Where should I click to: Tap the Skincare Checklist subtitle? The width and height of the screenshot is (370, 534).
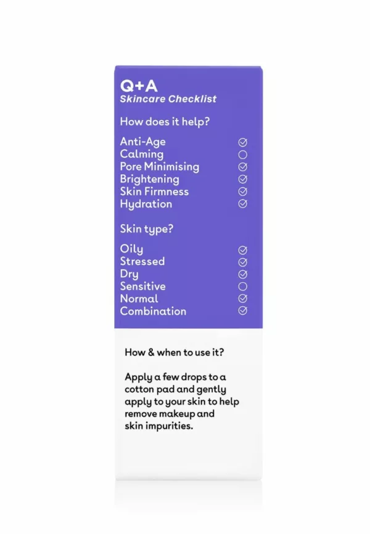pyautogui.click(x=168, y=99)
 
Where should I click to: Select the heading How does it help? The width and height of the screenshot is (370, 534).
pyautogui.click(x=165, y=122)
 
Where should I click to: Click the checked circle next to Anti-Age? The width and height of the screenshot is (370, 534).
pyautogui.click(x=243, y=142)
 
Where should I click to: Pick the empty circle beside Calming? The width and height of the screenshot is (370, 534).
pyautogui.click(x=243, y=155)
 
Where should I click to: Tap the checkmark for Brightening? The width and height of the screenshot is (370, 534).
pyautogui.click(x=243, y=179)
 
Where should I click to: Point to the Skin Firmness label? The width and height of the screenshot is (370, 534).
pyautogui.click(x=154, y=192)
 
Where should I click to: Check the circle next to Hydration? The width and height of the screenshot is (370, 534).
pyautogui.click(x=243, y=204)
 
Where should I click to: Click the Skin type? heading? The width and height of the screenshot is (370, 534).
pyautogui.click(x=146, y=229)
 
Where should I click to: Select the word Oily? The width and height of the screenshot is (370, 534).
pyautogui.click(x=131, y=249)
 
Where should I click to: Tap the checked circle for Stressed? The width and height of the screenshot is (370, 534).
pyautogui.click(x=243, y=262)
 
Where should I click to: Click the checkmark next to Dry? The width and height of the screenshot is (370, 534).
pyautogui.click(x=243, y=274)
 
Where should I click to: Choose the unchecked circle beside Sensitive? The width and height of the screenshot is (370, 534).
pyautogui.click(x=243, y=286)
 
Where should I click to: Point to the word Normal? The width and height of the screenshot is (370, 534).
pyautogui.click(x=139, y=299)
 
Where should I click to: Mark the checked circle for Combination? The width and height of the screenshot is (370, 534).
pyautogui.click(x=243, y=311)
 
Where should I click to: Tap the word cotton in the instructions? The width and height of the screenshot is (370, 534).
pyautogui.click(x=139, y=389)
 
